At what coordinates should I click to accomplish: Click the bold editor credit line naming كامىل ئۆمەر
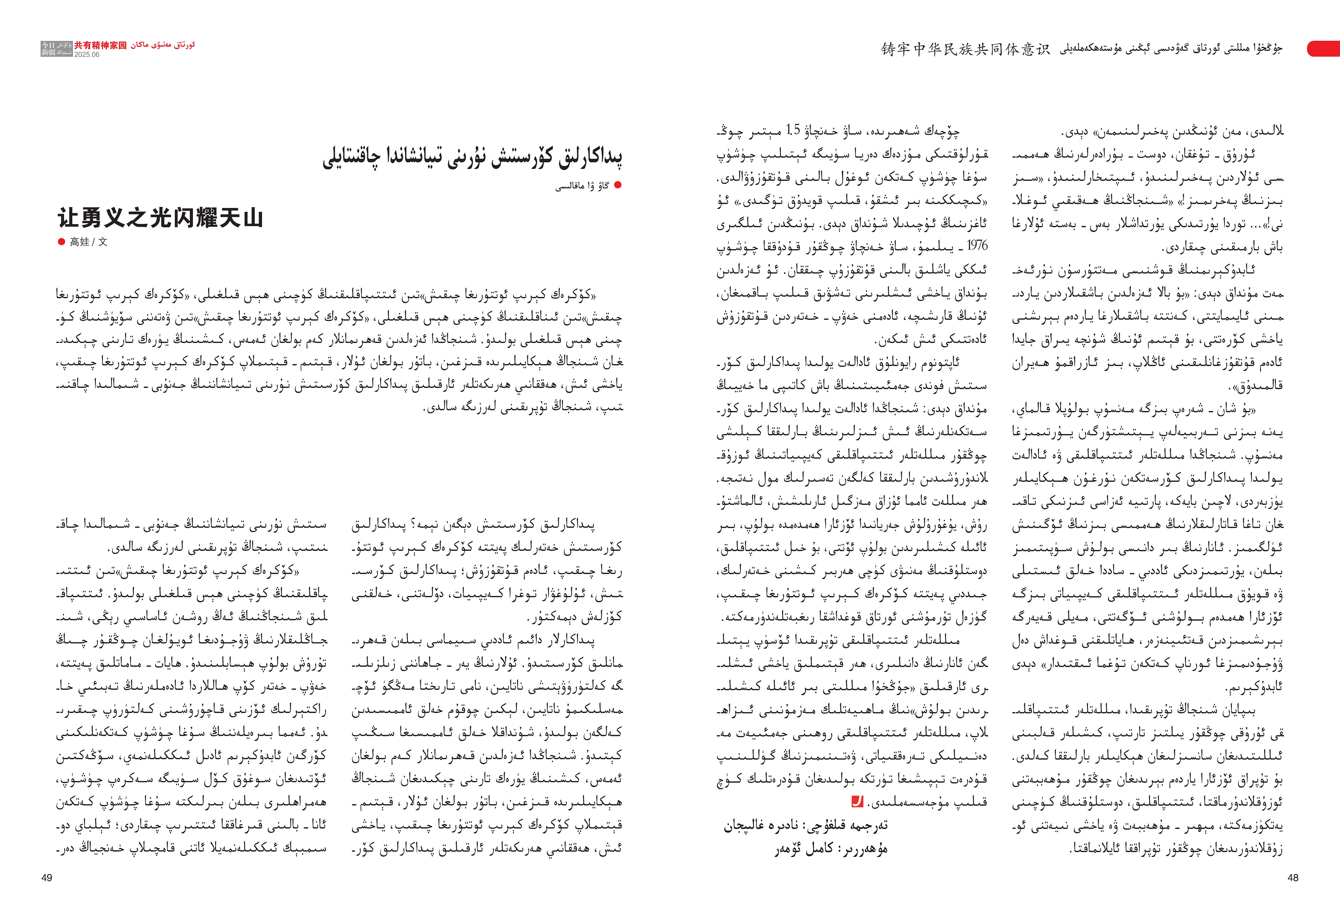click(x=830, y=849)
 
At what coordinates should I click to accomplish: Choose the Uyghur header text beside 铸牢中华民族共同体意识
click(x=1171, y=49)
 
